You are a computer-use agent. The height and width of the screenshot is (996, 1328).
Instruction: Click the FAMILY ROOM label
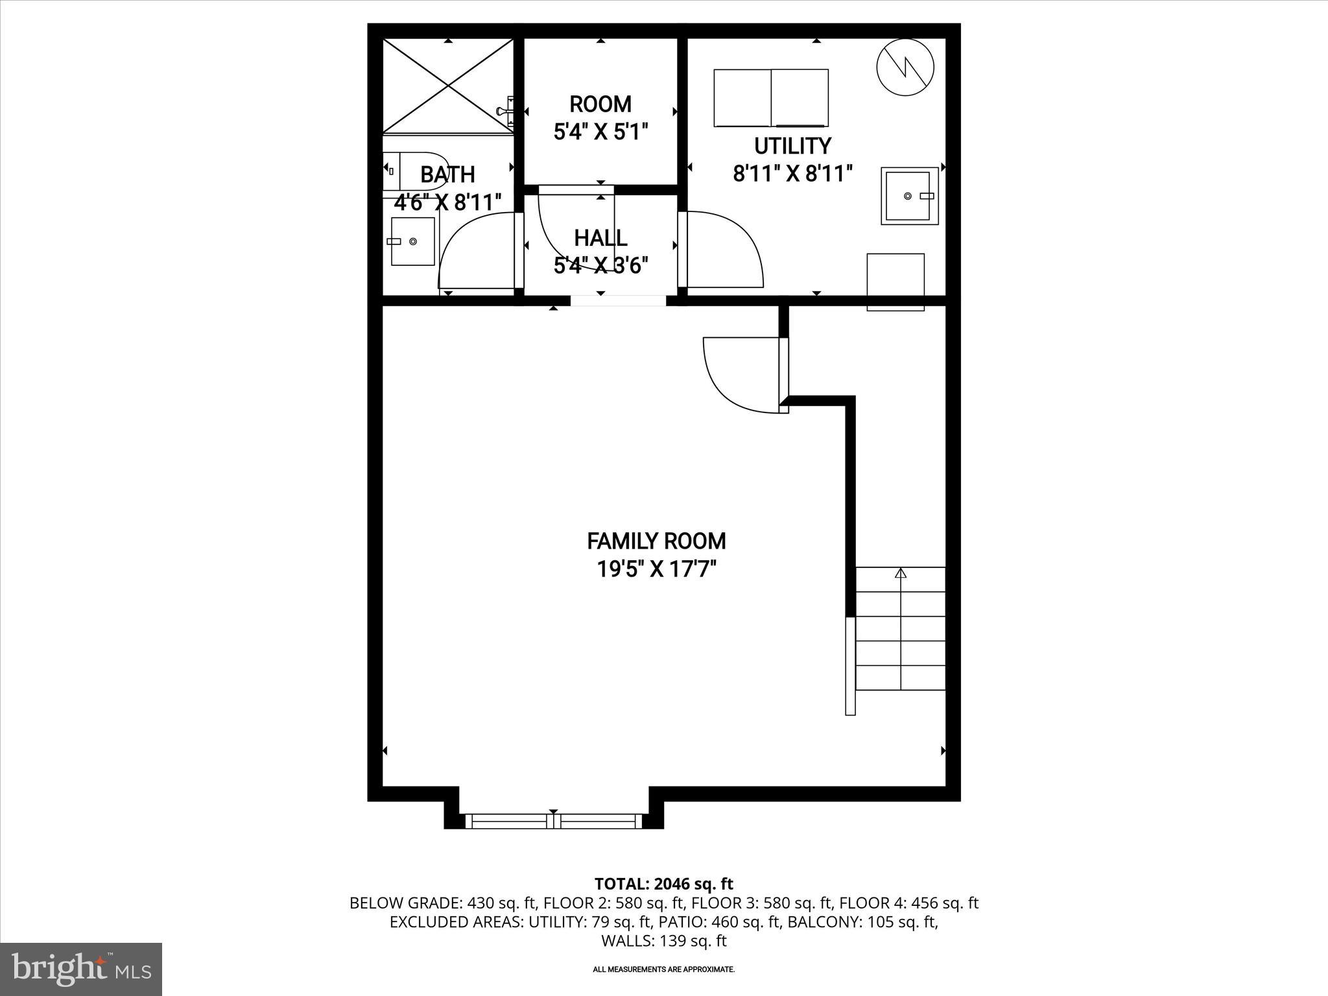coord(656,541)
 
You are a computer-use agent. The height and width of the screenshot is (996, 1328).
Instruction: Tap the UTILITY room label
coord(792,145)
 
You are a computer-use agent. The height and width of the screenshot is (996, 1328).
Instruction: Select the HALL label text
coord(600,238)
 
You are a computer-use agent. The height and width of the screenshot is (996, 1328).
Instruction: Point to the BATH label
coord(447,174)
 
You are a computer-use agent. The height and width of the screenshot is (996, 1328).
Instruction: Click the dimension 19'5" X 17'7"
coord(656,569)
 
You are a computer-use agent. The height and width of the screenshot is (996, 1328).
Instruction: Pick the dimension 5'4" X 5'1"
coord(600,132)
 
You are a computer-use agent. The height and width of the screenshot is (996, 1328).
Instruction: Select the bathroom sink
coord(412,241)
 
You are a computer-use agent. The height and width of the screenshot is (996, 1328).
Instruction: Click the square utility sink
coord(910,196)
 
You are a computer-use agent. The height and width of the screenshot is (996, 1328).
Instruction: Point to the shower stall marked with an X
coord(448,86)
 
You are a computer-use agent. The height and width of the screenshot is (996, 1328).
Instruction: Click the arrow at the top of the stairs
coord(901,573)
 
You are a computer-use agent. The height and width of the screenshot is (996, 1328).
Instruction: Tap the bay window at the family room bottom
coord(554,822)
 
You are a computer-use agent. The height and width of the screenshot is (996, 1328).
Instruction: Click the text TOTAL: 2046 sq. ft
coord(664,884)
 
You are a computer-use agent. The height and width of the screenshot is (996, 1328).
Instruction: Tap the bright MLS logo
coord(81,969)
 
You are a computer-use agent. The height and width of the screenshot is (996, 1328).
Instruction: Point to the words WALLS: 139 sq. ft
coord(664,941)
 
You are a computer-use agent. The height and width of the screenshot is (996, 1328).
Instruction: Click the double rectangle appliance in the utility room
coord(771,98)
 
